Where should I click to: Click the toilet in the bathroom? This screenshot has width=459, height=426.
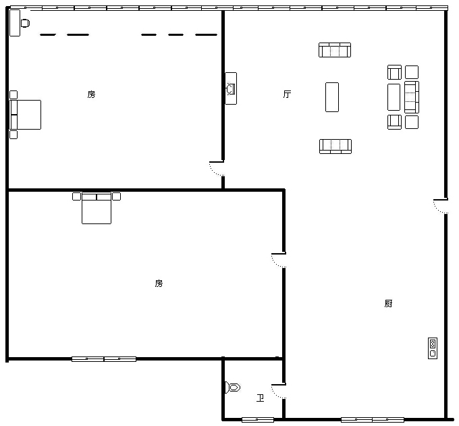pos(233,388)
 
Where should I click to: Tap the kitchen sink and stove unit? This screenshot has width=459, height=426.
pos(433,348)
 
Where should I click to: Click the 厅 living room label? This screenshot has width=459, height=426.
pos(287,94)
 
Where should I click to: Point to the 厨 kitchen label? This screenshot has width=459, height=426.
pos(388,303)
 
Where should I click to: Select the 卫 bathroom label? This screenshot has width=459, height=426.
pos(261,398)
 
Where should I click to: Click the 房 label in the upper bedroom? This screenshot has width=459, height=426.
pos(91,95)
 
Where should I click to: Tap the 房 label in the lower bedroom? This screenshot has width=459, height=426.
pos(159,283)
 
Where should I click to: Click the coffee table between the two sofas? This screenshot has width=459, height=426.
pos(332,97)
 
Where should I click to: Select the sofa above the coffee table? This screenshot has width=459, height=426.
pos(335,50)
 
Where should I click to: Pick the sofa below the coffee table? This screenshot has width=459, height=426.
pos(335,147)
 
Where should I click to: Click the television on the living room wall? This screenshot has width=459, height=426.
pos(231,88)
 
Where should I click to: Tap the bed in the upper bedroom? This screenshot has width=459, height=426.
pos(26,115)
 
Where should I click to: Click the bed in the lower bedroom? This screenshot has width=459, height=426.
pos(97,208)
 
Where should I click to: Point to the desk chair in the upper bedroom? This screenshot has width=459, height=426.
pos(25,23)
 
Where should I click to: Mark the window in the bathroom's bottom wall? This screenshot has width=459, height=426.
pos(258,420)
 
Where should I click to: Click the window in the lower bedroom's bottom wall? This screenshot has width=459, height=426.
pos(104,359)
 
